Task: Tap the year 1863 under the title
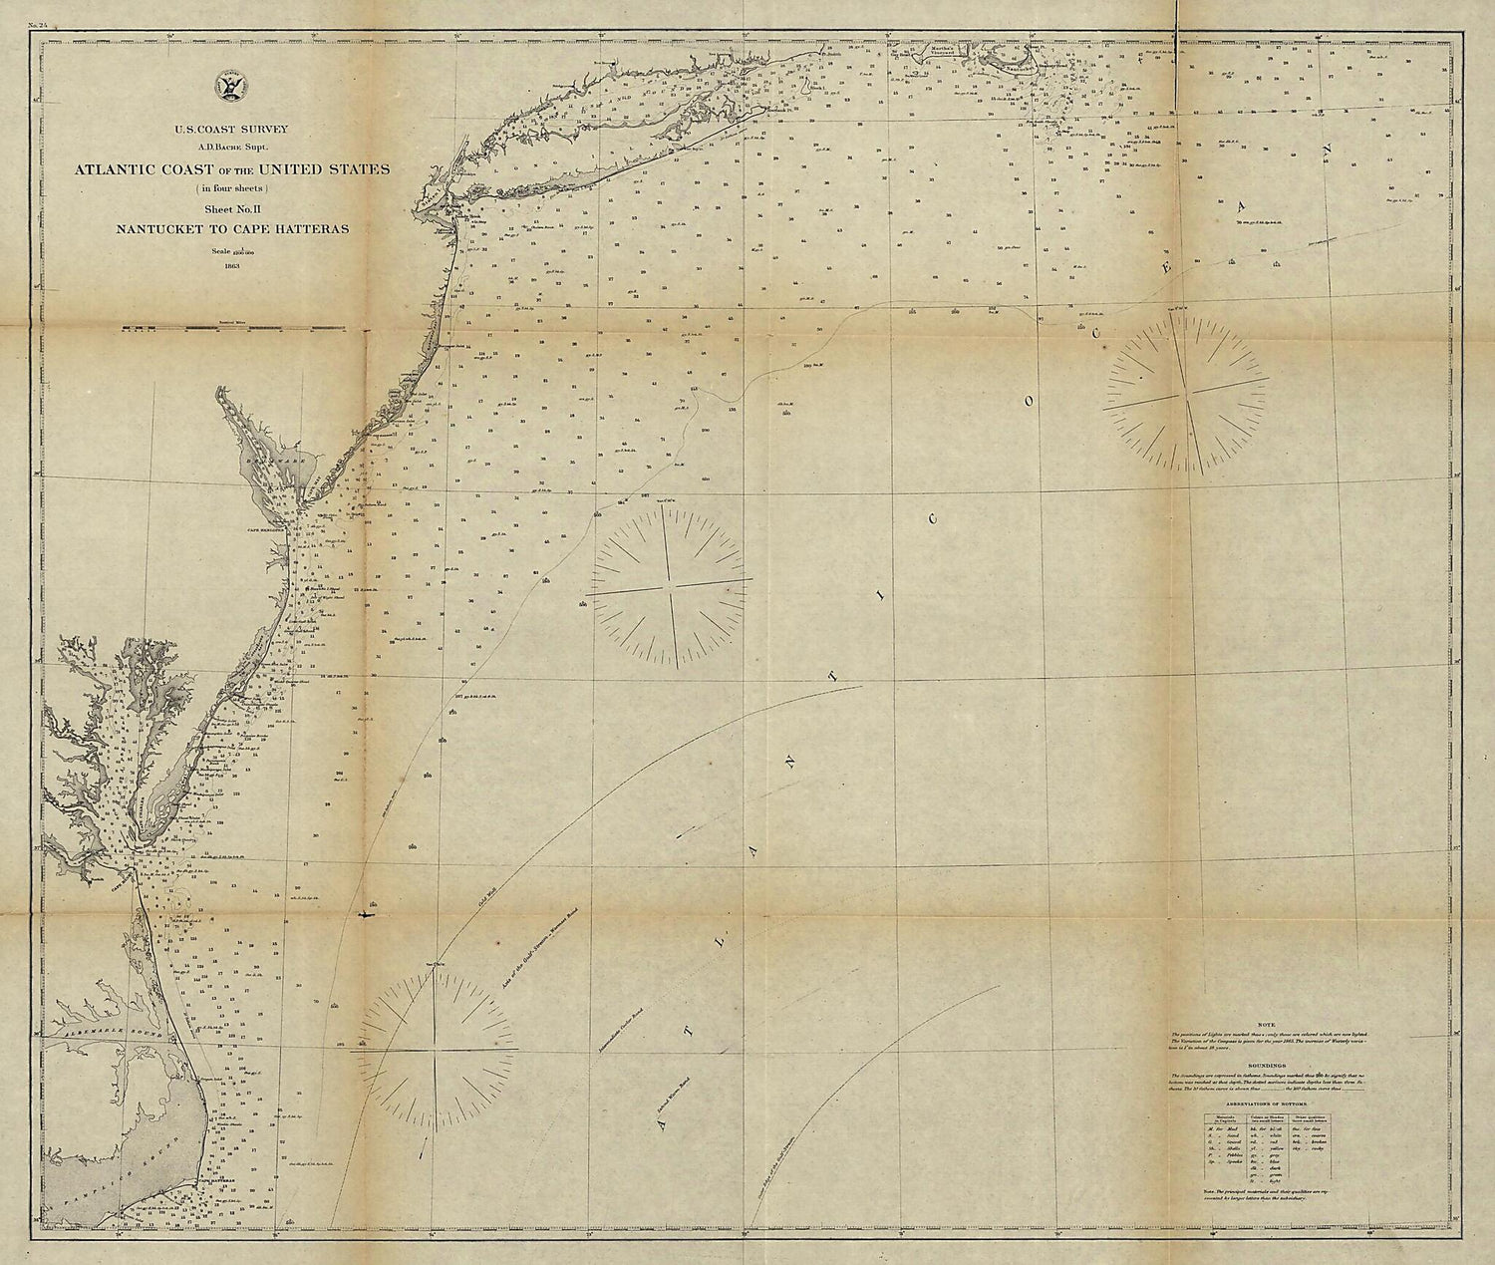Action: pos(234,266)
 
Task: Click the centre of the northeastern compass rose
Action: pos(1185,383)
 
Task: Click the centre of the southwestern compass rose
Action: pos(436,1049)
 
